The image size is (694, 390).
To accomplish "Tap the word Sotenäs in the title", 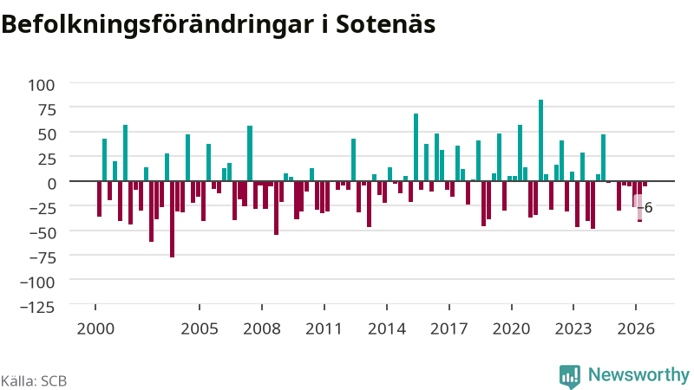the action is [386, 24].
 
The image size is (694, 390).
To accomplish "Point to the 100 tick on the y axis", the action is [41, 85].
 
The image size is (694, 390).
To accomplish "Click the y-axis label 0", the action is [52, 184].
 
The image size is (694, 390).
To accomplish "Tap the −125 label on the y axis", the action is [38, 307].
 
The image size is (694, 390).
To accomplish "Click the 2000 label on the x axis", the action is [95, 329].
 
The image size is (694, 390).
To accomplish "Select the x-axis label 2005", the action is [200, 329].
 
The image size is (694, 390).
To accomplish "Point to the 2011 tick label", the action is [324, 329].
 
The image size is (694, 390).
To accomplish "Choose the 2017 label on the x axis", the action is [448, 329].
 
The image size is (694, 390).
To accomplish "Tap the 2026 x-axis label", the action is [636, 329].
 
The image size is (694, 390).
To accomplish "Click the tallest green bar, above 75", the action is [540, 140].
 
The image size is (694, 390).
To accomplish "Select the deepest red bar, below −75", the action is [172, 219].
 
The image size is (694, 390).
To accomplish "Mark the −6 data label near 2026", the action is [645, 207].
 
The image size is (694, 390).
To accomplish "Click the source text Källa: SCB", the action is [34, 381].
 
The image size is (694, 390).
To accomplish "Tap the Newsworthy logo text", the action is [638, 375].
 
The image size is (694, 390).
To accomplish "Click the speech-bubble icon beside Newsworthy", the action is [570, 377].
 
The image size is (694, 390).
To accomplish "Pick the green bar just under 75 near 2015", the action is [416, 147].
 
